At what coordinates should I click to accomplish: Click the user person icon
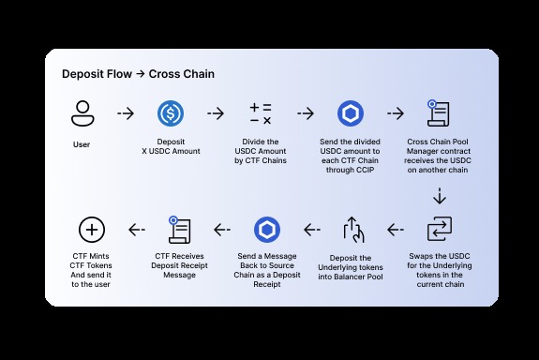(82, 114)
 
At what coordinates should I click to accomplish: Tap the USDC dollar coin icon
(171, 114)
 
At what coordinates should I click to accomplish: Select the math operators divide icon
(261, 114)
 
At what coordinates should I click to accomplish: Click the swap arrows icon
(439, 229)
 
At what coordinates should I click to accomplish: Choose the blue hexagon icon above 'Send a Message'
(266, 229)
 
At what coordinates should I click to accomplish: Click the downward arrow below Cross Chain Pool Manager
(439, 197)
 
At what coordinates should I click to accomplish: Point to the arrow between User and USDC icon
(126, 114)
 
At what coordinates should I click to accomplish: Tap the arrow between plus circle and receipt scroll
(137, 229)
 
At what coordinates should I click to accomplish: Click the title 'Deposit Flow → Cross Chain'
(138, 73)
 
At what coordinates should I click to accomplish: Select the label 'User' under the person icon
(82, 145)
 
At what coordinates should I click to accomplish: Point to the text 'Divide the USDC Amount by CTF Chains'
(261, 153)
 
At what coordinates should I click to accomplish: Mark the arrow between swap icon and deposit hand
(396, 229)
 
